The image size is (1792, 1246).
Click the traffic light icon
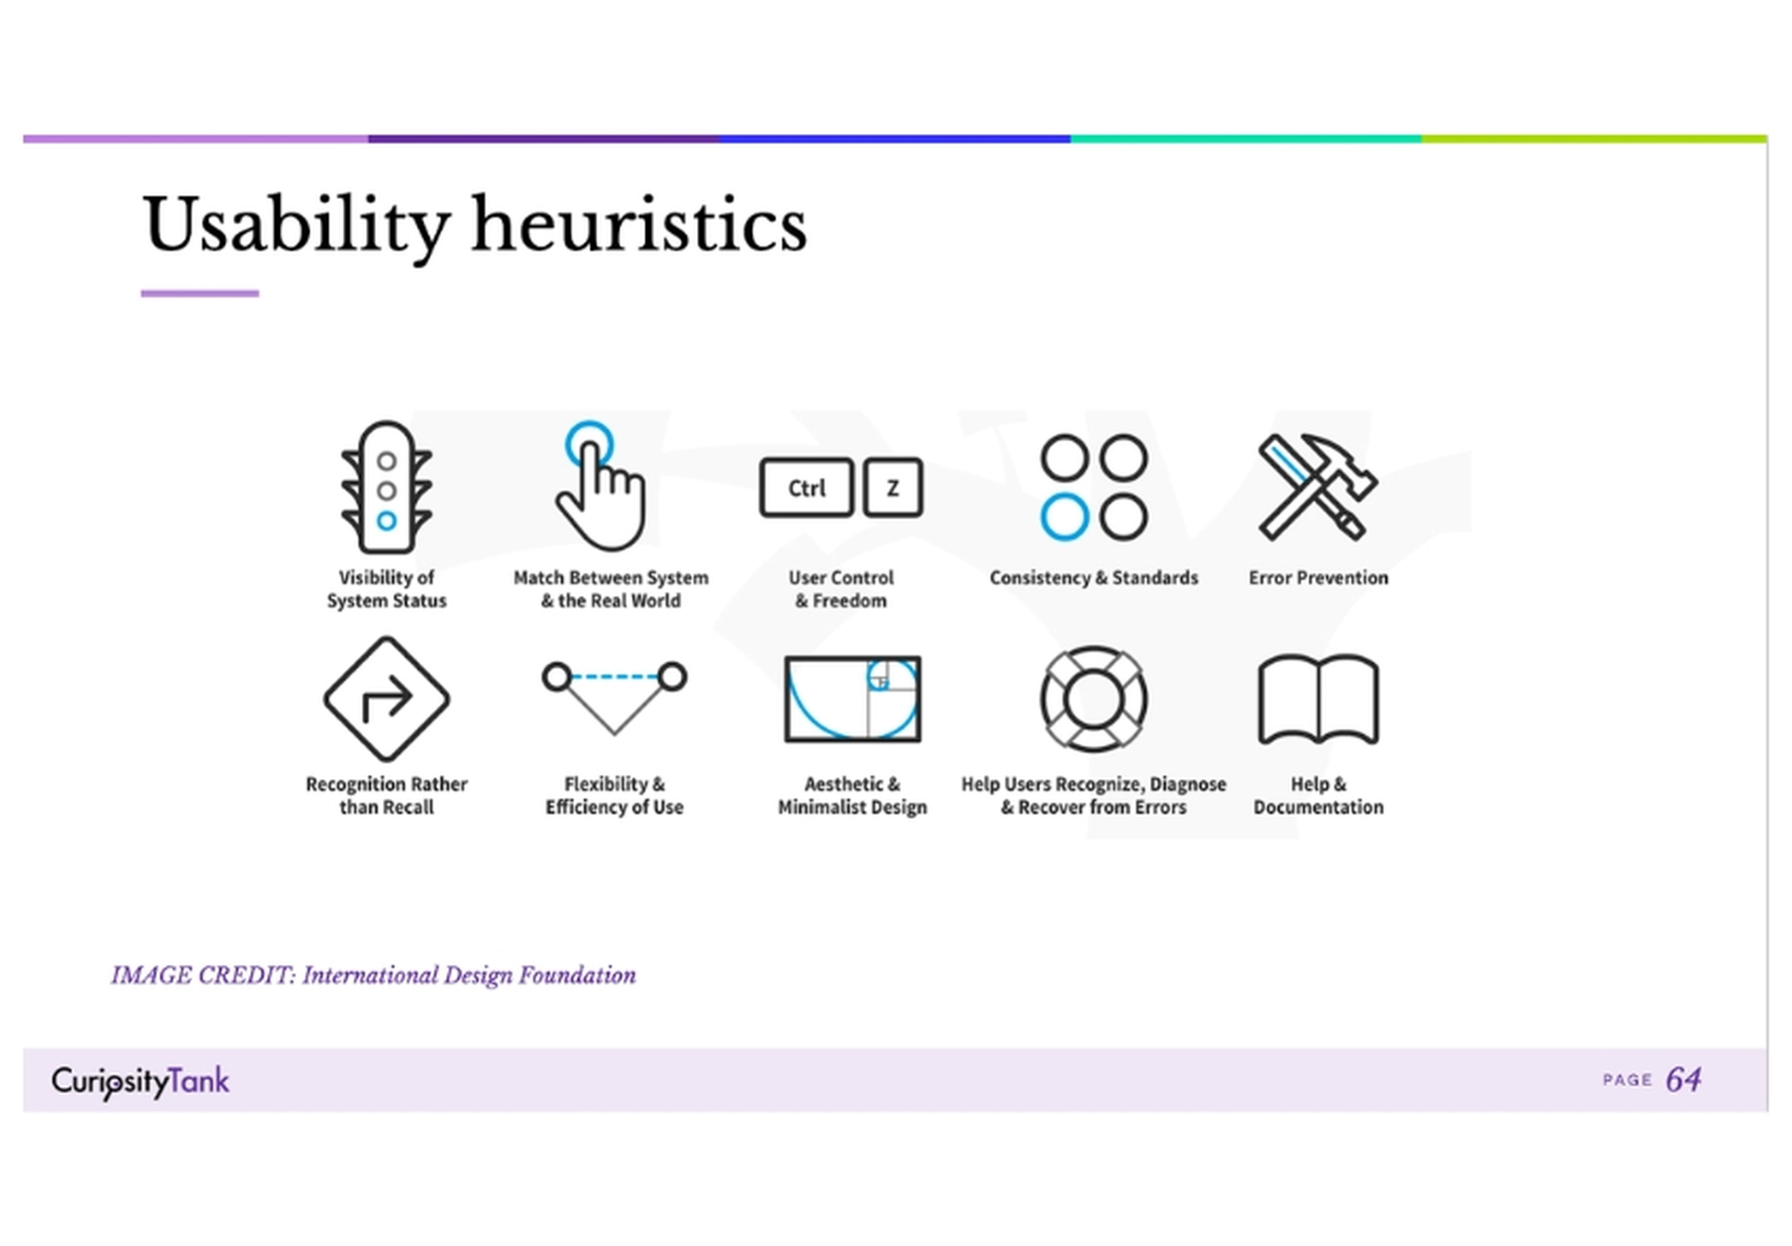point(386,488)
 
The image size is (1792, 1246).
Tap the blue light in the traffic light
point(386,521)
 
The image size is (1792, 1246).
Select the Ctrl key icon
point(806,488)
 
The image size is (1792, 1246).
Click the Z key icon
point(893,488)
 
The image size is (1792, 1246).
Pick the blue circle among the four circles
point(1064,517)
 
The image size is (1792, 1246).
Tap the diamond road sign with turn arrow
point(386,699)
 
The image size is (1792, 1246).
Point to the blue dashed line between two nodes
point(614,676)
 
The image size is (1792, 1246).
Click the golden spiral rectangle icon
point(852,699)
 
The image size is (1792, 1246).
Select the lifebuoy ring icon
point(1093,699)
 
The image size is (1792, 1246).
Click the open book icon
point(1318,699)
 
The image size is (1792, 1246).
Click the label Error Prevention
point(1318,578)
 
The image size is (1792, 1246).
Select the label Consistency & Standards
point(1093,578)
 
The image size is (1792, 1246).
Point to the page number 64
point(1684,1080)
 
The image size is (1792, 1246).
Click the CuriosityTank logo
point(140,1081)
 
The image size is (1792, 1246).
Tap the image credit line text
point(373,975)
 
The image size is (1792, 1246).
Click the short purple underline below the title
point(200,294)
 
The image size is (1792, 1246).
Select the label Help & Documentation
point(1318,795)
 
